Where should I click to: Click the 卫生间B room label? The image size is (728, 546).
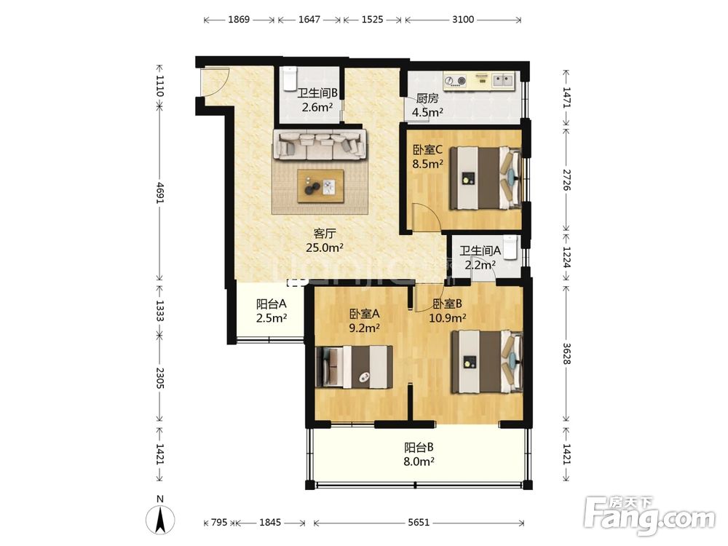317,93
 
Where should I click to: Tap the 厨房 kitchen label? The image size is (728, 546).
427,98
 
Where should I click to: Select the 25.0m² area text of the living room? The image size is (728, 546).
325,248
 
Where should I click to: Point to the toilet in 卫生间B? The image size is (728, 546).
290,79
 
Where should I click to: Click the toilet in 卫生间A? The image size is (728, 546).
511,246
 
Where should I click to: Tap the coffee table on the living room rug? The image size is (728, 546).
320,186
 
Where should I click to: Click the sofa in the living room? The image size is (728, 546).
320,145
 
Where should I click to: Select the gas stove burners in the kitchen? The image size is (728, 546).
455,80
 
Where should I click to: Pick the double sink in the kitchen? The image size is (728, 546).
502,80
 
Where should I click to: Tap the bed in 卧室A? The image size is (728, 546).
354,367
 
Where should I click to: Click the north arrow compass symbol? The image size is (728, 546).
160,518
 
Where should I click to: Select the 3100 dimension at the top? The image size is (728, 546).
463,20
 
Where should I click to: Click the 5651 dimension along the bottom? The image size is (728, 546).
419,523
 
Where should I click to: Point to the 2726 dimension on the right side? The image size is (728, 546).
566,180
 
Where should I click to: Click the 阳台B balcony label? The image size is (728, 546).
419,448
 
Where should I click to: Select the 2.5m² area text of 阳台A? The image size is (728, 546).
272,318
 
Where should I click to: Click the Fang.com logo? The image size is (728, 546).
649,515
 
